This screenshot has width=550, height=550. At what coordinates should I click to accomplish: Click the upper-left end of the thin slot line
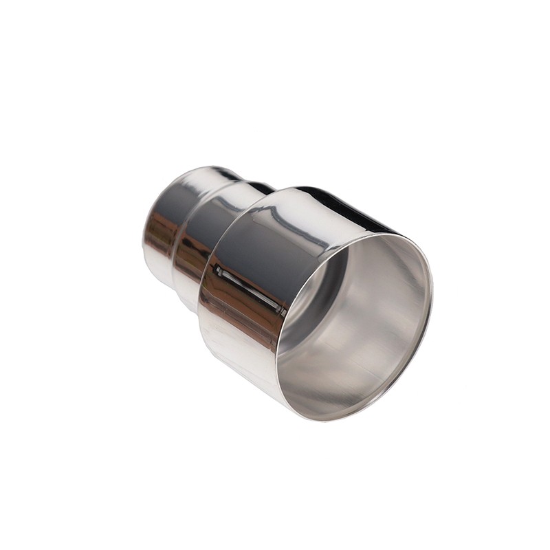pos(219,269)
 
